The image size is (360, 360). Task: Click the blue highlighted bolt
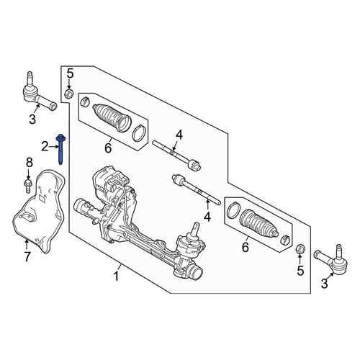coord(60,149)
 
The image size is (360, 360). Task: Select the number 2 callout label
coord(45,146)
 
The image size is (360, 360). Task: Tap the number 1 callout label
coord(116,276)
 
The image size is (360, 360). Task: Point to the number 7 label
coord(27,257)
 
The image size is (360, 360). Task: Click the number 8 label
coord(29,163)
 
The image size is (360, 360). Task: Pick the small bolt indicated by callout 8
coord(28,186)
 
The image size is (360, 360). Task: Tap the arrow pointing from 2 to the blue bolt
coord(53,146)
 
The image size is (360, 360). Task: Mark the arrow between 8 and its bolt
coord(29,174)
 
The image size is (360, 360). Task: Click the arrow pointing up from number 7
coord(27,245)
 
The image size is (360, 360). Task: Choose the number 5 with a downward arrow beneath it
coord(70,73)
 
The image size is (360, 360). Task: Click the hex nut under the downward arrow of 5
coord(69,94)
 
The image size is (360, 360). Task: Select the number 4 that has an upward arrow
coord(207,217)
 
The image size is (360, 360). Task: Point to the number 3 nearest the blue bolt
coord(32,120)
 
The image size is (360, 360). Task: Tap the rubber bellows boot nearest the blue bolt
coord(112,117)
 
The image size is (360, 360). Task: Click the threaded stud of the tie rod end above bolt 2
coord(29,78)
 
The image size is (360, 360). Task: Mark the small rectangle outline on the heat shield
coord(42,198)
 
